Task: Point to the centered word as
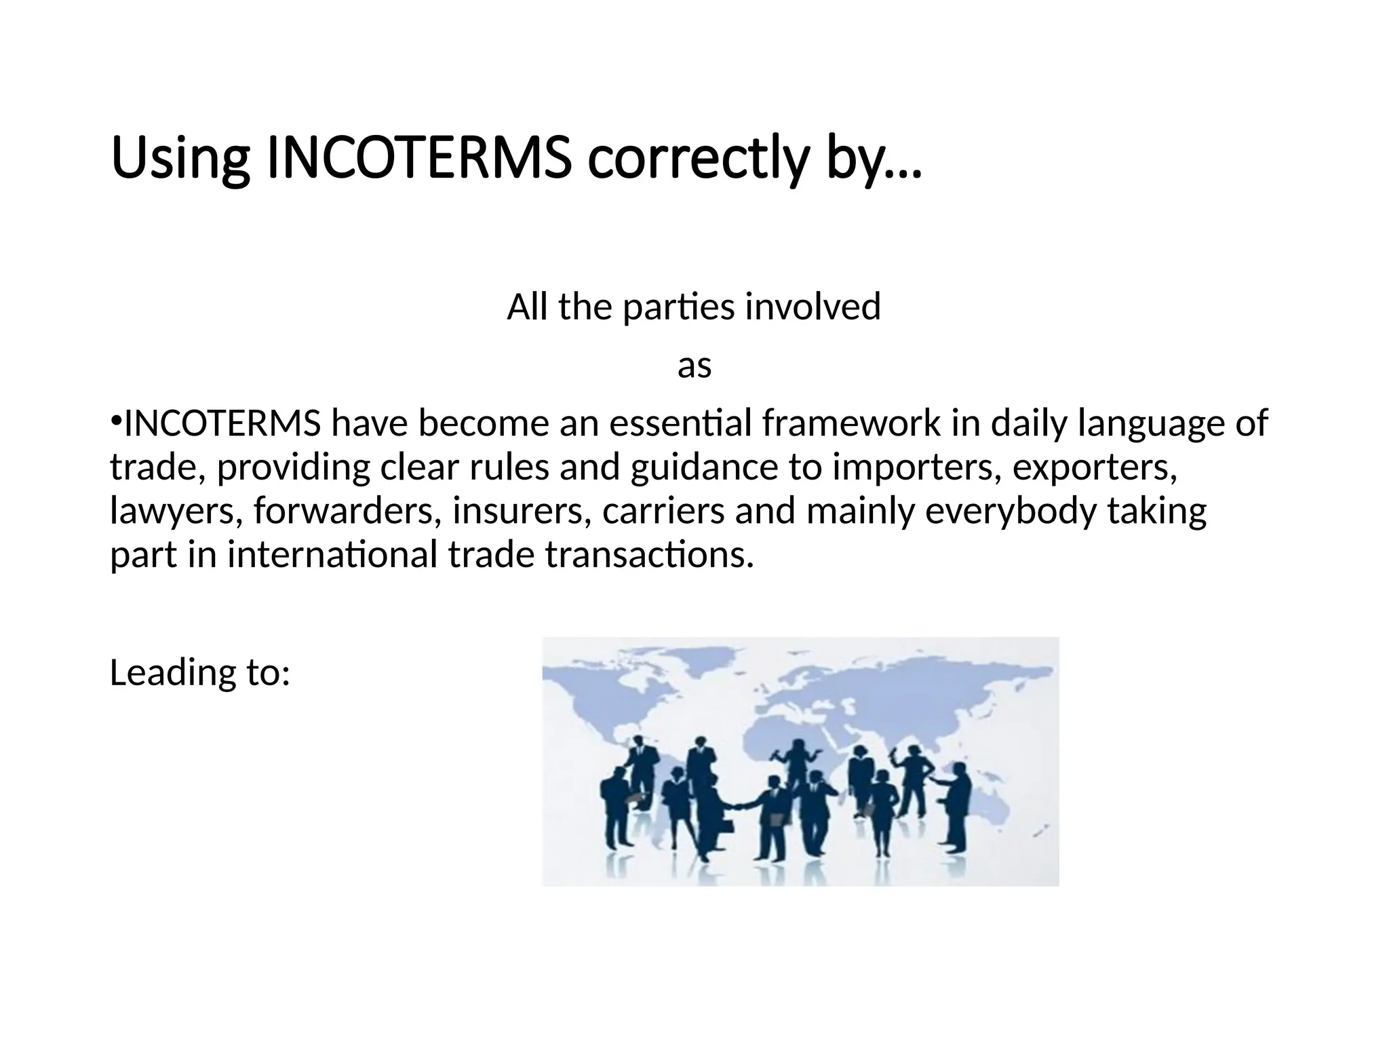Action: point(694,366)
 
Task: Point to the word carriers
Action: point(663,512)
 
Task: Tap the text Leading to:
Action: point(200,672)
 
